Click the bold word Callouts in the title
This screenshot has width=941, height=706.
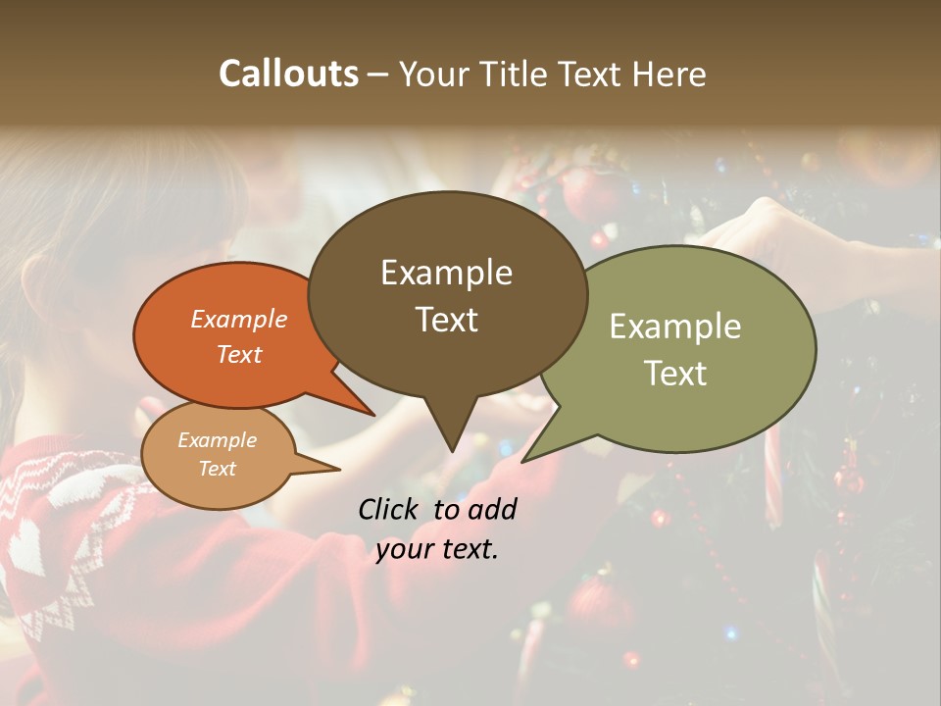[288, 74]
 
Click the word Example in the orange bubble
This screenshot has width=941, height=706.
[239, 319]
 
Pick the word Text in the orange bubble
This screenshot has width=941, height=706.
[239, 354]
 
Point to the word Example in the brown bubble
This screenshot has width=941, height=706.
[446, 273]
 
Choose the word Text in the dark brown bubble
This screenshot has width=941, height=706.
[446, 320]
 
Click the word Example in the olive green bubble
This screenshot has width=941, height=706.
[675, 327]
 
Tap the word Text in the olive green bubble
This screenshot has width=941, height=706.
[675, 374]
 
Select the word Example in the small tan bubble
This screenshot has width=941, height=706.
[217, 440]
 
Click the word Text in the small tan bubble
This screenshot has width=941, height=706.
[217, 469]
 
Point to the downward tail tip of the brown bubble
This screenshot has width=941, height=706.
[451, 451]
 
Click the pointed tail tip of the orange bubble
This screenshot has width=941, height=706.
[373, 416]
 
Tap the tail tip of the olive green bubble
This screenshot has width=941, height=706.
[523, 461]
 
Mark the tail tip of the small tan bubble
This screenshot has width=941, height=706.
[339, 470]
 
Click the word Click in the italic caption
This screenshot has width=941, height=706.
[390, 509]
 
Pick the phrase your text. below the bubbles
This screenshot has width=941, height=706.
[437, 549]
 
